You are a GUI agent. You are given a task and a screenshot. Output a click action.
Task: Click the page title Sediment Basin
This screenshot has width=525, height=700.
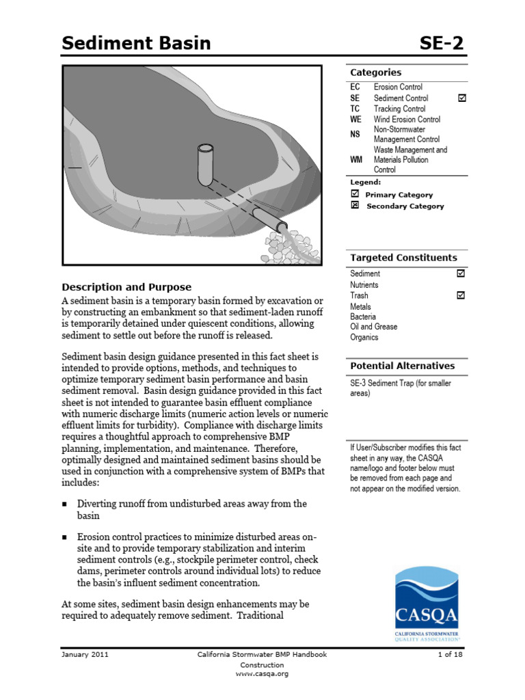tap(136, 44)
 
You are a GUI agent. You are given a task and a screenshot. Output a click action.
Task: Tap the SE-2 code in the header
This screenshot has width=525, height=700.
tap(440, 44)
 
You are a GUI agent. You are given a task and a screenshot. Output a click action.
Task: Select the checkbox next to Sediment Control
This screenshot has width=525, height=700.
tap(461, 98)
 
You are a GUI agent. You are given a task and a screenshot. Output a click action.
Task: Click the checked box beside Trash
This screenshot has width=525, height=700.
tap(461, 295)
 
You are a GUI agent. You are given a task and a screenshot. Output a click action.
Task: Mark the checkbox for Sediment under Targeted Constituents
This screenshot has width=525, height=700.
tap(461, 273)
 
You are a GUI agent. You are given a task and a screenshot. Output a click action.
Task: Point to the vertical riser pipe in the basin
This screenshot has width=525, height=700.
tap(205, 164)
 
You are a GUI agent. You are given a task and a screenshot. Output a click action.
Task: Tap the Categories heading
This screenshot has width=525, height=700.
tap(375, 72)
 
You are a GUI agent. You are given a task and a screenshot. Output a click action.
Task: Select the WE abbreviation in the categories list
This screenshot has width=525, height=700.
tap(355, 120)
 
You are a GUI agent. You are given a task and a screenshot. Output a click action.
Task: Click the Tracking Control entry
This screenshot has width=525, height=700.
tap(399, 109)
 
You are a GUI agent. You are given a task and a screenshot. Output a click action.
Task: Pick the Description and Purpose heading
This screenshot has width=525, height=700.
tap(126, 287)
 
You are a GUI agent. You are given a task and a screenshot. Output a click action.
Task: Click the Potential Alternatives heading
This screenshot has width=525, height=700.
tap(402, 366)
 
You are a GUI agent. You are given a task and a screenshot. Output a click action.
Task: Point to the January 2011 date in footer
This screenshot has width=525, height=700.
tap(85, 654)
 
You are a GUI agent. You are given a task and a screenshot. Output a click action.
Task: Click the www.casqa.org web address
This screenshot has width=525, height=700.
tap(262, 673)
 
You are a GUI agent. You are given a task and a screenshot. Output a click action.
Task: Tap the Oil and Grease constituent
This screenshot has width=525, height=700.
tap(373, 327)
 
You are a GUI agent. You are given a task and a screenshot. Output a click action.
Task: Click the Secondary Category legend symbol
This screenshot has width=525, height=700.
tap(355, 206)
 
